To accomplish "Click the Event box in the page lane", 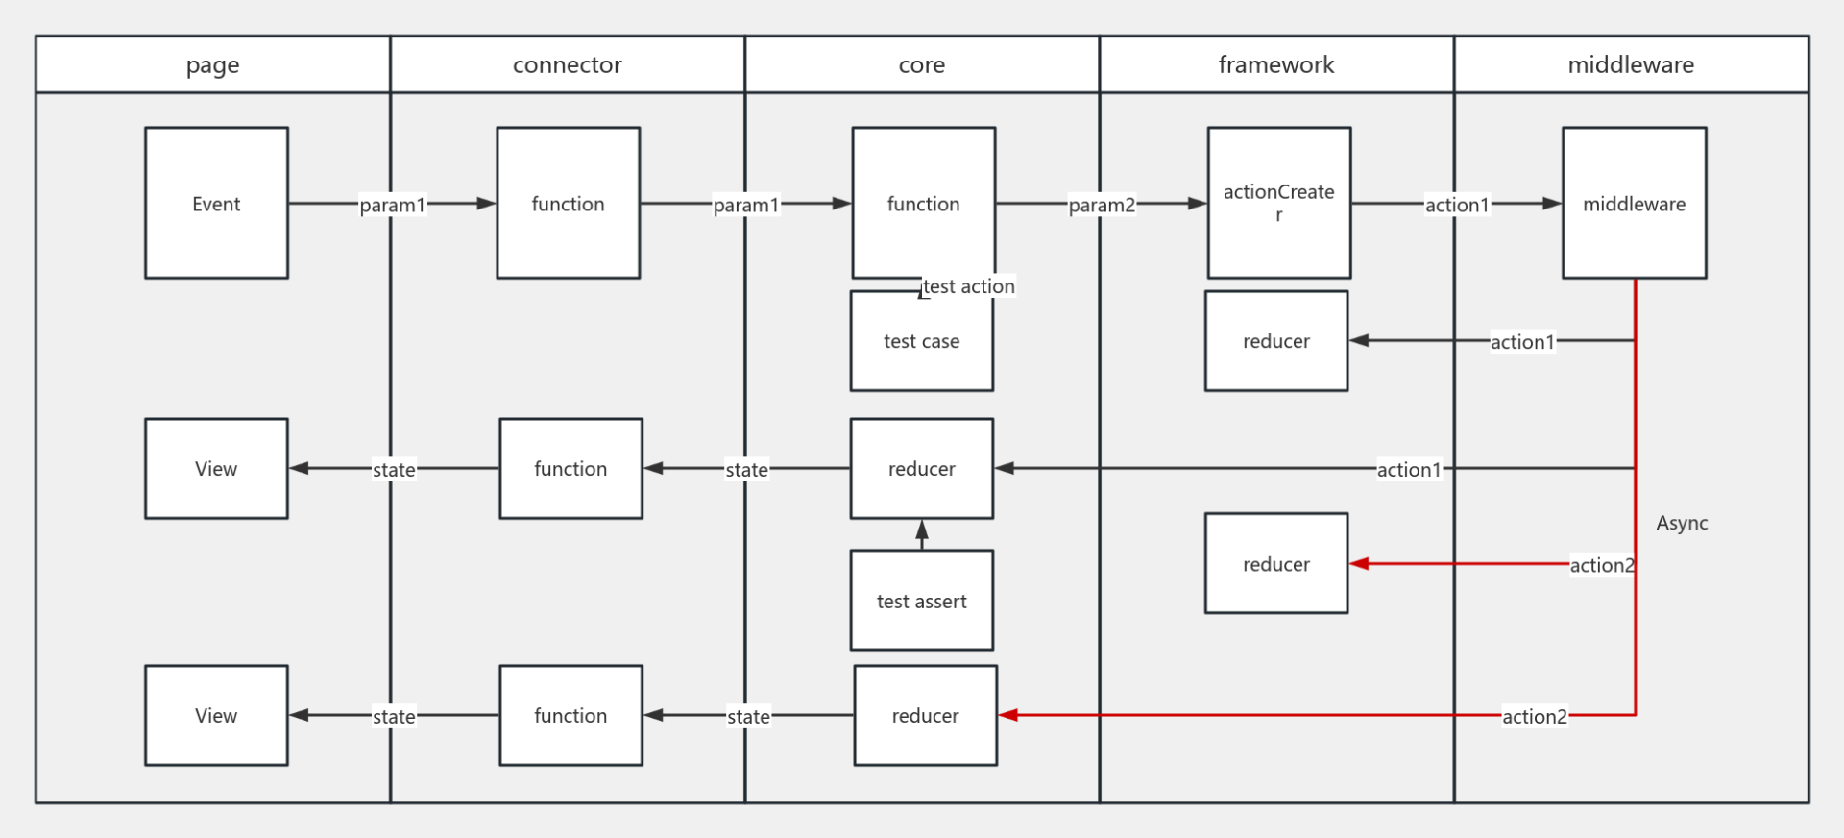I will pos(216,203).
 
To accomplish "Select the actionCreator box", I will pos(1278,203).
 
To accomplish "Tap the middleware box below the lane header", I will pos(1634,203).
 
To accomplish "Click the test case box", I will pos(921,341).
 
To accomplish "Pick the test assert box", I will pos(921,601).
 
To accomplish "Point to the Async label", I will pos(1682,523).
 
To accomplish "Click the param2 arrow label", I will pos(1102,205).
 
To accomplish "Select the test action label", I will pos(968,286).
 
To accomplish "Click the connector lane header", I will pos(567,64).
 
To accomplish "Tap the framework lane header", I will pos(1275,64).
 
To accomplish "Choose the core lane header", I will pos(921,64).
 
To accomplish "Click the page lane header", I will pos(212,64).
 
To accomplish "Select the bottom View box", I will pos(216,715).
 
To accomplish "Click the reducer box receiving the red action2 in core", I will pos(925,715).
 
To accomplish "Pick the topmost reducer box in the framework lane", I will pos(1275,341).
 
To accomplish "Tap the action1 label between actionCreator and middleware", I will pos(1456,205).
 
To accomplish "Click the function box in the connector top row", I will pos(568,203).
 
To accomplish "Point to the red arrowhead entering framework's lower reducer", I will pos(1359,564).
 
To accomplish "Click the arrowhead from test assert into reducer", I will pos(922,530).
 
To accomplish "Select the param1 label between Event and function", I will pos(392,205).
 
